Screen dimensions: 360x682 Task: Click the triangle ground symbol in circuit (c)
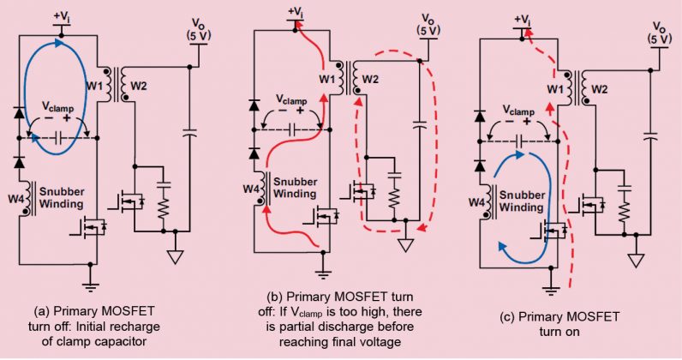tap(635, 258)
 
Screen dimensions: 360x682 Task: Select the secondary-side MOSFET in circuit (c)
tap(590, 206)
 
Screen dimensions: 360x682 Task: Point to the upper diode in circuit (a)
tap(21, 112)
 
